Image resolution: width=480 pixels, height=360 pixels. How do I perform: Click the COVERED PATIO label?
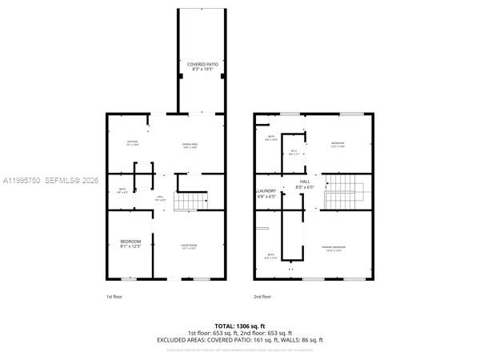(199, 64)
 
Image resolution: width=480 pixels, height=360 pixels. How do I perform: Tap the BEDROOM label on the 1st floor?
(131, 242)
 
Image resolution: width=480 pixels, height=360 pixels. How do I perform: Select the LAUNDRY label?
(266, 190)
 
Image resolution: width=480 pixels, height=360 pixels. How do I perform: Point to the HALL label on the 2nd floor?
(305, 182)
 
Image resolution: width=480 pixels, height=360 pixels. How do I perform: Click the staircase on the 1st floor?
(188, 202)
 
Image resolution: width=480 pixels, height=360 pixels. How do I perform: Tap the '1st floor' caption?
(114, 297)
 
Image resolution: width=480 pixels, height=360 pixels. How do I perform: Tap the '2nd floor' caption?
(262, 297)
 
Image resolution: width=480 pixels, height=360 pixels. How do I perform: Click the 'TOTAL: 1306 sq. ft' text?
(240, 326)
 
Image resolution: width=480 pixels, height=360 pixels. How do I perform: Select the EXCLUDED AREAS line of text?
(240, 339)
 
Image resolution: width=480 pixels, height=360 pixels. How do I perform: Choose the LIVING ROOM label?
(189, 245)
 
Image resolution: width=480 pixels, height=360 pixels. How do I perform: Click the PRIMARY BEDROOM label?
(334, 247)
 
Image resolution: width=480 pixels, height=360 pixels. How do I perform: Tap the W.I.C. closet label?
(294, 150)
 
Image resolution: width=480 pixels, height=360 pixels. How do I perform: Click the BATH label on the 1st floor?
(122, 190)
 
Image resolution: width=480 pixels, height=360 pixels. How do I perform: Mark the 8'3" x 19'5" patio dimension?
(199, 70)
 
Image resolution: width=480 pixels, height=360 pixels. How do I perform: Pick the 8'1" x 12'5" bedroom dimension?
(131, 247)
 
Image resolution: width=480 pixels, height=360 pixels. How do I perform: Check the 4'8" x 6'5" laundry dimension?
(266, 196)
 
